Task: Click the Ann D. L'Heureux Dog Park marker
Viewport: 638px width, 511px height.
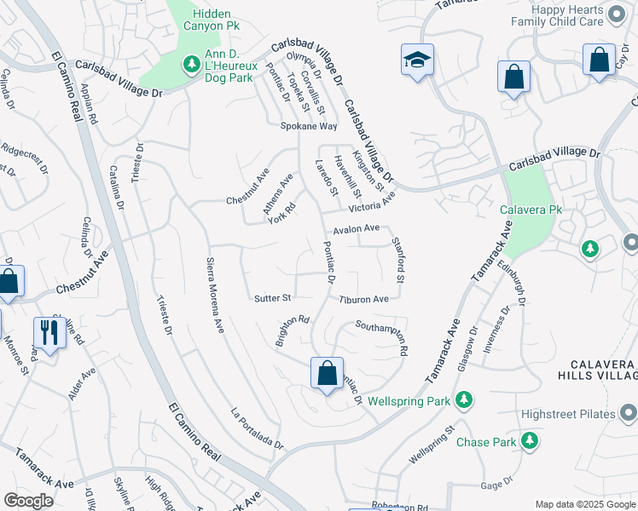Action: pyautogui.click(x=190, y=63)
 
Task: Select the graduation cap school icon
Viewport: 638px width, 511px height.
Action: pyautogui.click(x=417, y=60)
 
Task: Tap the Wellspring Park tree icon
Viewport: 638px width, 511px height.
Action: pyautogui.click(x=463, y=399)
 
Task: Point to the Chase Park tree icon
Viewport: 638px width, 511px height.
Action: pyautogui.click(x=530, y=441)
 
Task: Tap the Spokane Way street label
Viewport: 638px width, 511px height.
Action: pyautogui.click(x=309, y=126)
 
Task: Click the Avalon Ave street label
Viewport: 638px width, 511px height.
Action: pyautogui.click(x=356, y=228)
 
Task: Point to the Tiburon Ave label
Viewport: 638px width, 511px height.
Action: pyautogui.click(x=363, y=299)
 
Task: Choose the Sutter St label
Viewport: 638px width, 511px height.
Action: pyautogui.click(x=273, y=298)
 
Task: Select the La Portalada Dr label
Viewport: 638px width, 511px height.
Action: pyautogui.click(x=257, y=428)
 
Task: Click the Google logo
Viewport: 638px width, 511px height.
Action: pyautogui.click(x=28, y=501)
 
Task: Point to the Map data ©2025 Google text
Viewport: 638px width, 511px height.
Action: pyautogui.click(x=585, y=504)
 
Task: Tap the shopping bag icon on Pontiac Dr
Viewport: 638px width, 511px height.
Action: pyautogui.click(x=327, y=372)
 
